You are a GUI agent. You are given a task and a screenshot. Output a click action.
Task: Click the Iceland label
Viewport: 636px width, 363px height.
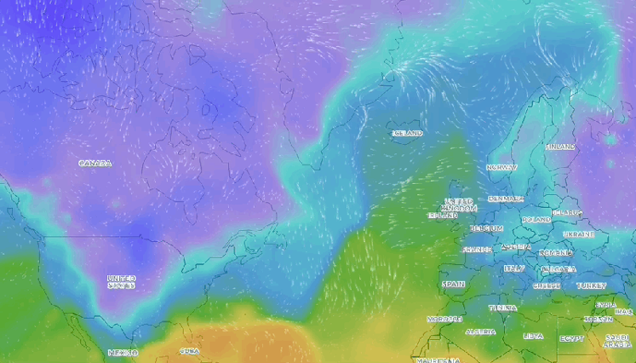click(x=407, y=134)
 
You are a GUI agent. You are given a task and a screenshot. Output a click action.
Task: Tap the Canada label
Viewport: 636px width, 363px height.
click(x=95, y=163)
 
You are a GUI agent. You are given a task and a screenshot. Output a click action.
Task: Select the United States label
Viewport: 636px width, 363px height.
click(x=121, y=281)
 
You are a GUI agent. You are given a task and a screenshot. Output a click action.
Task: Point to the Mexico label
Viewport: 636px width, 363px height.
click(x=123, y=352)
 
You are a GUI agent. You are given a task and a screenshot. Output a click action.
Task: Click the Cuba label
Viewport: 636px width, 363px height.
click(x=189, y=350)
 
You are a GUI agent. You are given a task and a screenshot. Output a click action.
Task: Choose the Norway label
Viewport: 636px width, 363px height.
click(x=501, y=168)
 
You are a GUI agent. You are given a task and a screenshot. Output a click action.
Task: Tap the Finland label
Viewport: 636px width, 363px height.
click(x=560, y=147)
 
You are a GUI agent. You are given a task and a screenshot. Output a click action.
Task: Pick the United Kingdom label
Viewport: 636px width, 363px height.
click(x=461, y=205)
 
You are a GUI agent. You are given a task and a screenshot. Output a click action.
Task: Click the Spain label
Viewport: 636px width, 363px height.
click(x=453, y=284)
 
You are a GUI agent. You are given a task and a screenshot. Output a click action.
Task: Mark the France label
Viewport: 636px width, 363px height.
click(x=478, y=250)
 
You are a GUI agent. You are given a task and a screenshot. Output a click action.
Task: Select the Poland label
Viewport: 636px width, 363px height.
click(x=536, y=219)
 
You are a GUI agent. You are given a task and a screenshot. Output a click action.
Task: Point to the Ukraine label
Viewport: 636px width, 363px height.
click(x=579, y=233)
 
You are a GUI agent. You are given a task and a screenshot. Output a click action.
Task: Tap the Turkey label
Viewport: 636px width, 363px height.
click(x=591, y=285)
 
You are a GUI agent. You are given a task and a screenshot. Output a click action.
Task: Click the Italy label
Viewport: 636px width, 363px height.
click(x=514, y=268)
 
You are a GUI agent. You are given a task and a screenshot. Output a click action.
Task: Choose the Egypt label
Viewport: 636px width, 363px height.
click(x=572, y=337)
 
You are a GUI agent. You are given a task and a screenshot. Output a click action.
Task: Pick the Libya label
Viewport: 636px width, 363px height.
click(x=533, y=336)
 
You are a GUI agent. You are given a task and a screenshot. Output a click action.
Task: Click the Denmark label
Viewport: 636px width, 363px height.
click(x=506, y=199)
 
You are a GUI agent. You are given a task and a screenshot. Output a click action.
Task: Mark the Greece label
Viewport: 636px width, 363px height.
click(x=547, y=286)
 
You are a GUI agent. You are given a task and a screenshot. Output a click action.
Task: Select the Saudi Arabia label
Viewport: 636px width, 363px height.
click(x=617, y=341)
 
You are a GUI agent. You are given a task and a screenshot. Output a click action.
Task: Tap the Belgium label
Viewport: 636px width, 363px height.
click(x=487, y=228)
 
